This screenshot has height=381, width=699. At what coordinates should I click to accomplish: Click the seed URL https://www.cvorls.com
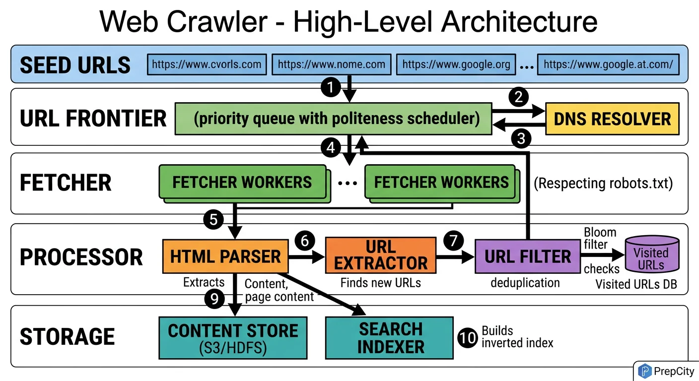click(x=207, y=64)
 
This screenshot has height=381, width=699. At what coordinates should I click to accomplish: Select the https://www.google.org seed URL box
click(x=456, y=64)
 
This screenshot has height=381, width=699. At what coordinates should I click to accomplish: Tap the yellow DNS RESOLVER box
click(x=612, y=119)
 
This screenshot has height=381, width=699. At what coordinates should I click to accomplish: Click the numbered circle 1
click(x=331, y=88)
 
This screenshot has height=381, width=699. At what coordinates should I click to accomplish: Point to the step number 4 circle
click(x=331, y=147)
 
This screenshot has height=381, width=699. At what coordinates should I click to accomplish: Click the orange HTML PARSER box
click(x=225, y=256)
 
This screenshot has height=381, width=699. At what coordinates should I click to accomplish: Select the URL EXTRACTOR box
click(x=381, y=255)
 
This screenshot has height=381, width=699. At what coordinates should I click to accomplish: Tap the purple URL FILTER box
click(x=528, y=256)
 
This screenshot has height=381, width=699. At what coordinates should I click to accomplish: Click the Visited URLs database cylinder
click(x=651, y=254)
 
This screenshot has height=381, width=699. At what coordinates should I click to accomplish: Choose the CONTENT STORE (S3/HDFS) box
click(x=233, y=337)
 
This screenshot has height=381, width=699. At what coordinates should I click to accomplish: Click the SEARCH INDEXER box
click(x=390, y=337)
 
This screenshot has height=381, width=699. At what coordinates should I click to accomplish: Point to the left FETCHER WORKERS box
click(x=242, y=182)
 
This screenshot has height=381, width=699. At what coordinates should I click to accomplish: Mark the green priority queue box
click(x=333, y=119)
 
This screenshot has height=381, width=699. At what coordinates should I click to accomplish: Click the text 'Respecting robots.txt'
click(x=603, y=183)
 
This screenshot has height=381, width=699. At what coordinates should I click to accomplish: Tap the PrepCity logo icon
click(x=644, y=371)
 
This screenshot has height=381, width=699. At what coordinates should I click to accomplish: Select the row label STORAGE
click(x=67, y=337)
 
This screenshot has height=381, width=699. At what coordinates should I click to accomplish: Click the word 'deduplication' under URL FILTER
click(x=525, y=283)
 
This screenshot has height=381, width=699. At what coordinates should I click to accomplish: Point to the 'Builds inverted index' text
click(x=517, y=337)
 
